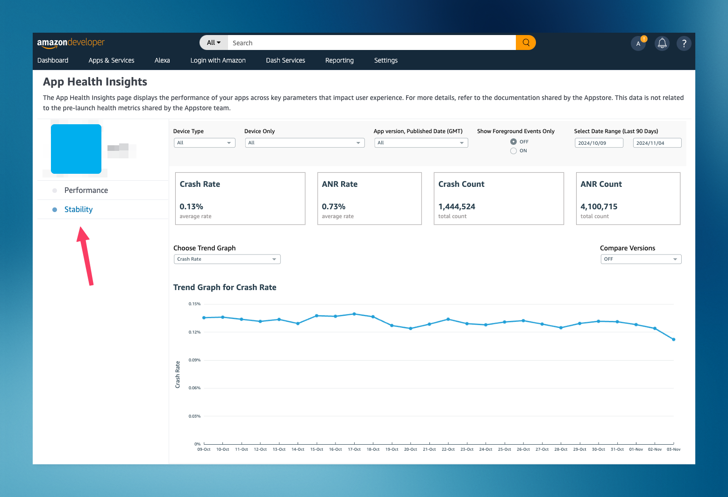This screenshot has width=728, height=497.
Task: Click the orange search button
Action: [526, 43]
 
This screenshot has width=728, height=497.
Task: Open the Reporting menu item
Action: [339, 60]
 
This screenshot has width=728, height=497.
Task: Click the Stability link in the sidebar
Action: [79, 209]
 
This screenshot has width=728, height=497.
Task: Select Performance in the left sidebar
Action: [86, 190]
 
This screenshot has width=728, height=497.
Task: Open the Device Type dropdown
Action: [204, 143]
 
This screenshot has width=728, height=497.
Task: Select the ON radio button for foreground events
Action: [514, 151]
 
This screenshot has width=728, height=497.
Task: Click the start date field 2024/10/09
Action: [599, 143]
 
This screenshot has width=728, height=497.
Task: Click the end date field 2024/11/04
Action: [657, 143]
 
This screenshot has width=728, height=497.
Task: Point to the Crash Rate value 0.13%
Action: [191, 206]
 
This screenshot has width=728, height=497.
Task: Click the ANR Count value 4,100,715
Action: [599, 206]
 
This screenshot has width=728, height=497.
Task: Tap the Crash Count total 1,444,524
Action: [457, 206]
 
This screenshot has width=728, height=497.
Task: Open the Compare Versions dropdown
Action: [641, 259]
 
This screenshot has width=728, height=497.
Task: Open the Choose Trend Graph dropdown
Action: [227, 259]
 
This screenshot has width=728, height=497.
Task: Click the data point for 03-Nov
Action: [673, 340]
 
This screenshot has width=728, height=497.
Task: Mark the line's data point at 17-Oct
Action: [354, 314]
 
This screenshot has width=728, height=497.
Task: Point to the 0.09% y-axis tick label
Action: [194, 360]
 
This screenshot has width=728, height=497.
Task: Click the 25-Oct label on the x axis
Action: [504, 449]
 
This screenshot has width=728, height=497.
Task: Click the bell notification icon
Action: [662, 43]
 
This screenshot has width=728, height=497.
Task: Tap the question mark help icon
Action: [684, 43]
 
